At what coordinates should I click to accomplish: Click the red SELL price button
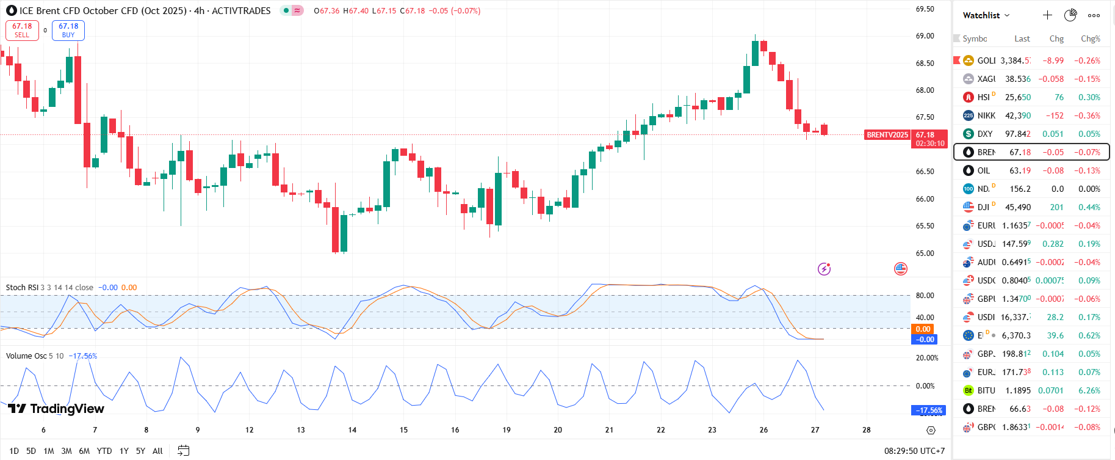pos(22,30)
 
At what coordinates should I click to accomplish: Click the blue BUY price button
pos(68,30)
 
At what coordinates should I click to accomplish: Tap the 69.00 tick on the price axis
pos(925,36)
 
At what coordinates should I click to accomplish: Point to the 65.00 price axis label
pos(925,253)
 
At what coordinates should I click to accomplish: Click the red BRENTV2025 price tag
pos(887,135)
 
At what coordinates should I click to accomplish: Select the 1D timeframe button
pos(14,451)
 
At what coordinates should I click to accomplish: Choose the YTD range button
pos(104,451)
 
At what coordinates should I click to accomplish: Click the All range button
pos(157,451)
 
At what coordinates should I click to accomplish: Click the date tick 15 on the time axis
pos(403,430)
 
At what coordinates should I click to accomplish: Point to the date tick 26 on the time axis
pos(763,430)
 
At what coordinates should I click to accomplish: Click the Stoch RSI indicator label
pos(22,288)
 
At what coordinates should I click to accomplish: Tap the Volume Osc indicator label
pos(26,356)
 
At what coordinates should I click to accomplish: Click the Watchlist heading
pos(981,15)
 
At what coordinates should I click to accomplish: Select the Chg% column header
pos(1090,38)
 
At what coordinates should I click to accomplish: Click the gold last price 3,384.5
pos(1016,60)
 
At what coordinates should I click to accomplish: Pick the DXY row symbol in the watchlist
pos(984,134)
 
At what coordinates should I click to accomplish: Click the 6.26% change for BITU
pos(1089,390)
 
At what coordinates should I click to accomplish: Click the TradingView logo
pos(56,409)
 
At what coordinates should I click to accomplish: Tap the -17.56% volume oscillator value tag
pos(928,411)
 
